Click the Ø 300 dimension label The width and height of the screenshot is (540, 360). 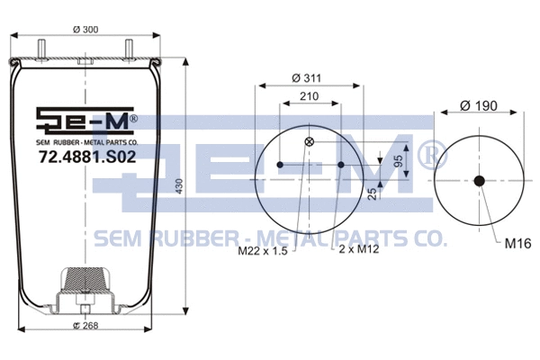coord(85,31)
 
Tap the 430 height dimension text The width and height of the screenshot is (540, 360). coord(179,187)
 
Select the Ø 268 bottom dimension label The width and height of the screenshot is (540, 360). coord(85,325)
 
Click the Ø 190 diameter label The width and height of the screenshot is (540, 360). coord(479,105)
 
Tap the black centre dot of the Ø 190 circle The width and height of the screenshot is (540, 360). coord(479,181)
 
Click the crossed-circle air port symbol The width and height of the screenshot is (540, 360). coord(310,141)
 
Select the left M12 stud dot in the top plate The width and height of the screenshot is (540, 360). coord(280,165)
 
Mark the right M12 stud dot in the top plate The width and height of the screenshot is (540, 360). coord(341,165)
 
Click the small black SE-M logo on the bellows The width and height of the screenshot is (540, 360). coord(85,121)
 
